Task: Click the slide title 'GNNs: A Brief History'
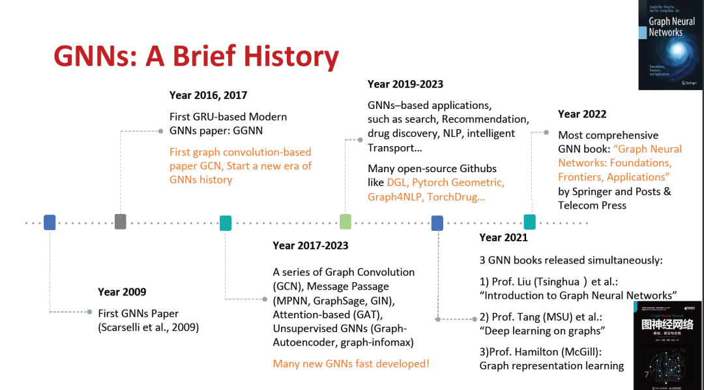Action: tap(196, 57)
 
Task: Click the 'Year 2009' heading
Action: tap(122, 292)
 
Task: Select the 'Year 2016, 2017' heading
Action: tap(208, 95)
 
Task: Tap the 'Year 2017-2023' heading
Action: tap(310, 245)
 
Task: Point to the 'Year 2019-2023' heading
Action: tap(405, 84)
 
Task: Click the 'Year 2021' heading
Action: tap(503, 237)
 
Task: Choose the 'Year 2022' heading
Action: tap(582, 114)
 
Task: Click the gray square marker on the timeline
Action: tap(120, 222)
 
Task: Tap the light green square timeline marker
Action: tap(345, 222)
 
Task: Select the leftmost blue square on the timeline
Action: tap(50, 222)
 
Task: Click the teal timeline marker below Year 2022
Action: tap(529, 222)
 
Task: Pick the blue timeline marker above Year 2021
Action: tap(437, 223)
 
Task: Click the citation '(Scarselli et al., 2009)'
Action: tap(149, 327)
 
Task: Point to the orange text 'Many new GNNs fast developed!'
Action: tap(351, 364)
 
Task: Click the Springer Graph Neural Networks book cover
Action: tap(670, 44)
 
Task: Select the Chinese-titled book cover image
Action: tap(667, 345)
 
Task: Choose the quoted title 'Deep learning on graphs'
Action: tap(540, 331)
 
